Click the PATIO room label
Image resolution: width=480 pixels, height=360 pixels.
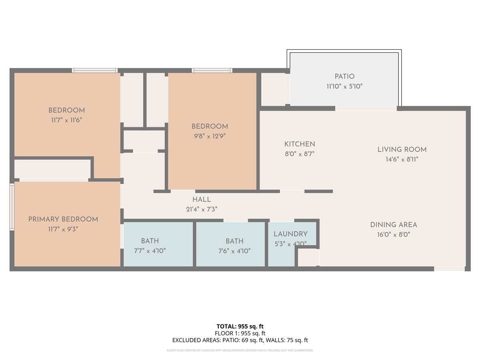click(344, 76)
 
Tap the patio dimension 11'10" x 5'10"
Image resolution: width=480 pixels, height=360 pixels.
click(344, 86)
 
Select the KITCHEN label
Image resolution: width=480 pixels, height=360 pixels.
click(300, 144)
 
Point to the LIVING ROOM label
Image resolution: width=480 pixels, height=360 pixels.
click(402, 150)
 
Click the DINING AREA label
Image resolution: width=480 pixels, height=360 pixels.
click(394, 225)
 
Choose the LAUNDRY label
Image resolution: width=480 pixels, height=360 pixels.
click(291, 234)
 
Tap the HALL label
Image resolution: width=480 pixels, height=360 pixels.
click(202, 200)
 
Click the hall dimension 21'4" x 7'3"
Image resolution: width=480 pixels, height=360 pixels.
click(202, 209)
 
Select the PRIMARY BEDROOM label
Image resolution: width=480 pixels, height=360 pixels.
click(63, 219)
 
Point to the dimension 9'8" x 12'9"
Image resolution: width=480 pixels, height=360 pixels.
click(210, 136)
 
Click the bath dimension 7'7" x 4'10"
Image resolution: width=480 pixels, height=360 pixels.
click(150, 251)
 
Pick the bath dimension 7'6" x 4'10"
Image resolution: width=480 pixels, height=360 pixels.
click(234, 251)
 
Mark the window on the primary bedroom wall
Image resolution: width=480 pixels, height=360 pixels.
click(12, 207)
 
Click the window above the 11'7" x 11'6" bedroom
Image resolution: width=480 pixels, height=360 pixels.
click(95, 70)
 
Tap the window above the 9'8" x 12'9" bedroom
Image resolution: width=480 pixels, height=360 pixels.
click(212, 70)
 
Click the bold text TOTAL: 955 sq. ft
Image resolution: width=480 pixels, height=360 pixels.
click(240, 326)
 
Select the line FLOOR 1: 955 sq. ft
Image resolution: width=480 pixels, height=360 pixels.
click(240, 333)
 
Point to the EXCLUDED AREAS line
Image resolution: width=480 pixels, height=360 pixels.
click(240, 340)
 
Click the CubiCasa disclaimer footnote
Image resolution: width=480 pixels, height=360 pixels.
click(240, 350)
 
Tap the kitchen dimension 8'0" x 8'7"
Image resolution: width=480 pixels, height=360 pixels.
click(300, 154)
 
